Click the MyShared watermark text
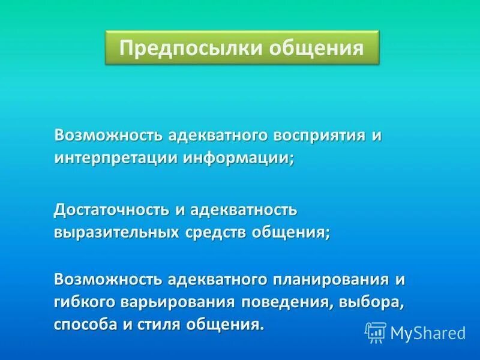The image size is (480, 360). (428, 332)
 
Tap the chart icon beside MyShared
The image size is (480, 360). (376, 332)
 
